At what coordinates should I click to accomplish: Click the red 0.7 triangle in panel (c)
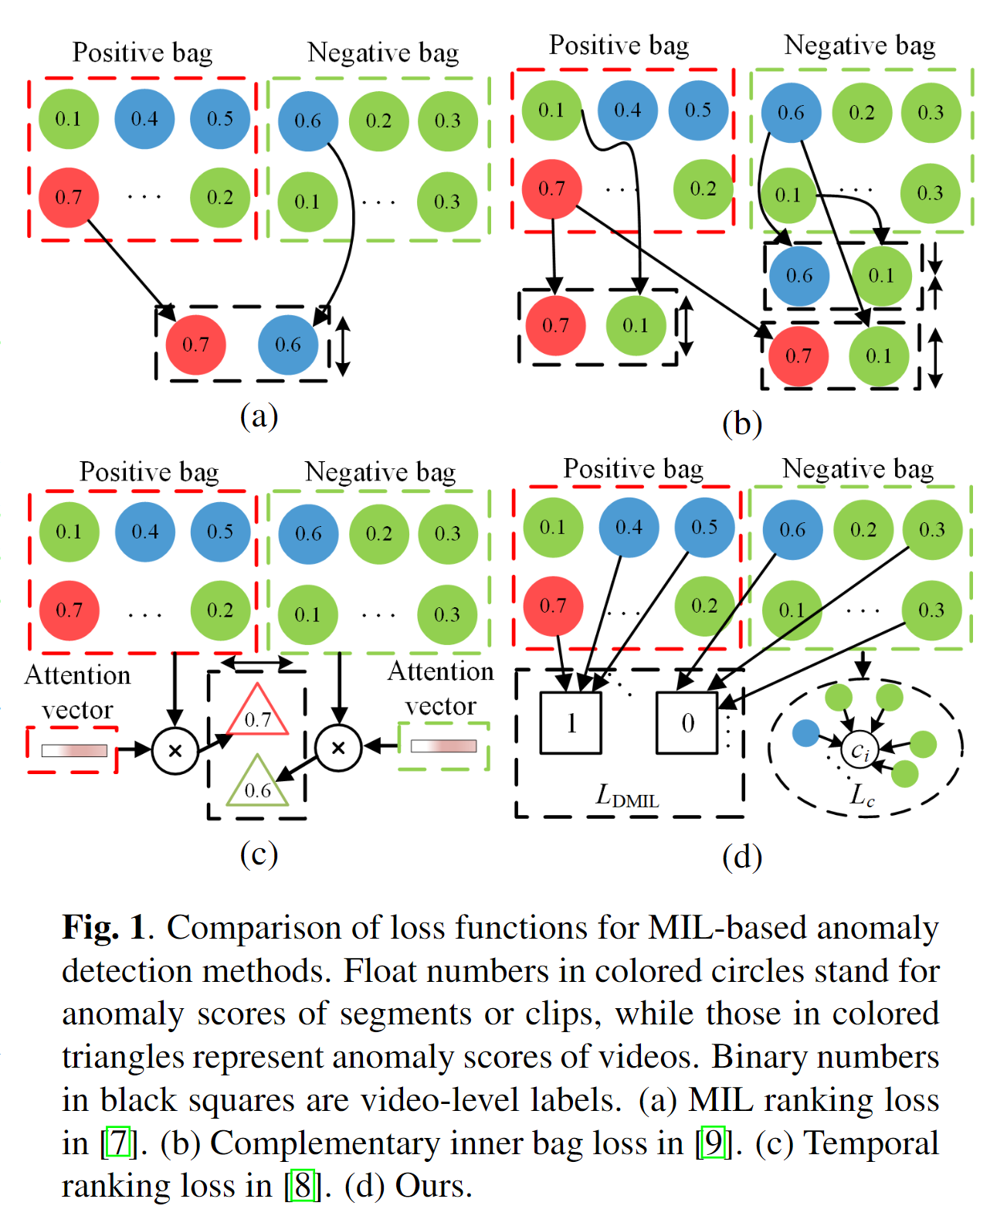pos(258,713)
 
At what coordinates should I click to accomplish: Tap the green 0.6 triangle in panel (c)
pos(257,784)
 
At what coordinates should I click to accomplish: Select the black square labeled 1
pos(571,722)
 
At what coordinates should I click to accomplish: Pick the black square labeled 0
pos(687,722)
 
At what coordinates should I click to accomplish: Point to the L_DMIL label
pos(626,796)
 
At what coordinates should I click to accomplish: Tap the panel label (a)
pos(259,416)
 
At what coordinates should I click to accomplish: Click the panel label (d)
pos(741,856)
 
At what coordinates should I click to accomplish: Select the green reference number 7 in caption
pos(118,1142)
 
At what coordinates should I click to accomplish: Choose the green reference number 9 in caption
pos(713,1142)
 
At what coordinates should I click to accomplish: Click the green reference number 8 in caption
pos(302,1185)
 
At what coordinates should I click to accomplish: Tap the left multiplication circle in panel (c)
pos(175,749)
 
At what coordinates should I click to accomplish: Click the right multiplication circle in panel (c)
pos(338,748)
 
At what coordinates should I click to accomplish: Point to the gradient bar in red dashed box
pos(74,750)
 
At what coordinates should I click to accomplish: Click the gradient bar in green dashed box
pos(443,746)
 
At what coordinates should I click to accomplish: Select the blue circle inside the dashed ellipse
pos(805,733)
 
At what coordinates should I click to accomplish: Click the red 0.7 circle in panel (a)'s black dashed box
pos(195,345)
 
